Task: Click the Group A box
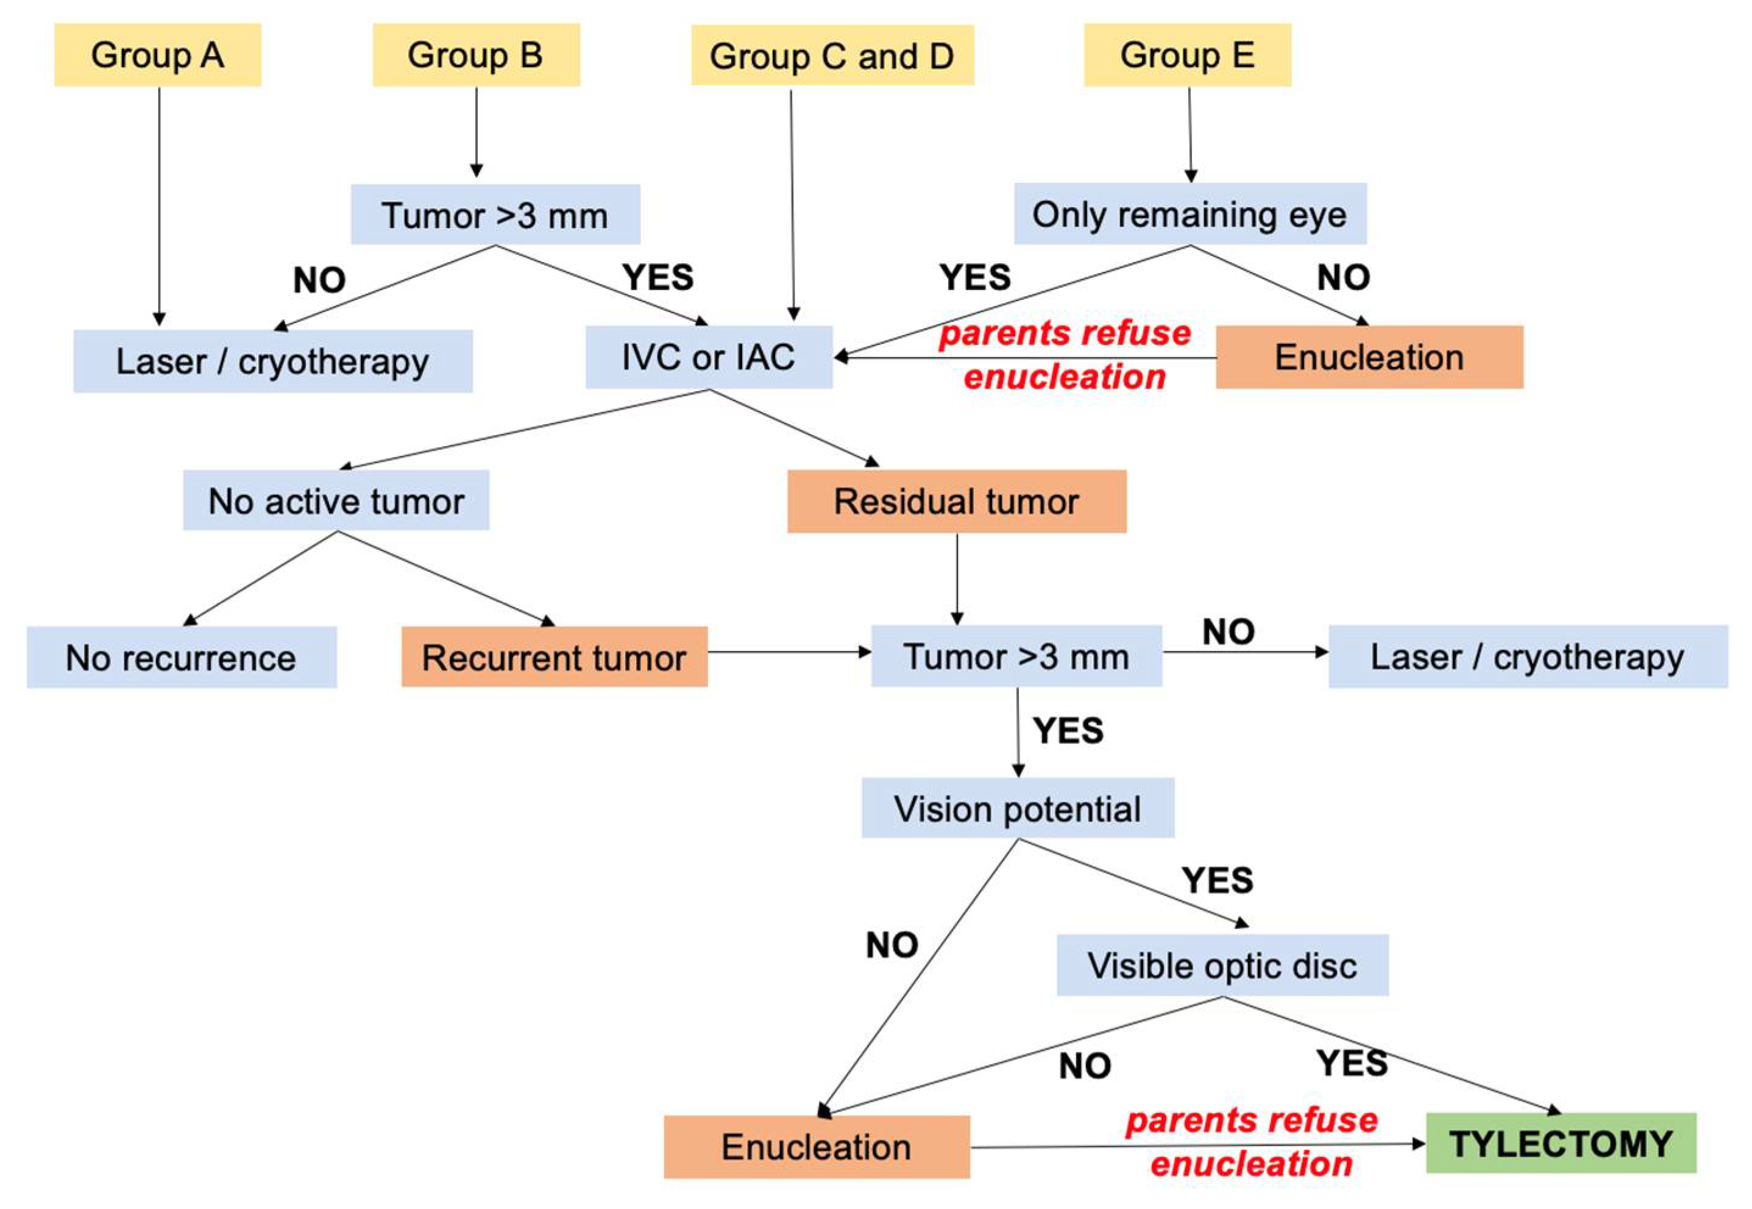(158, 55)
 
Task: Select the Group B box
(476, 55)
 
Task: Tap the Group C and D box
(832, 55)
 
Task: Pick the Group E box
(1187, 55)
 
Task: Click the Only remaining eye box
(1190, 214)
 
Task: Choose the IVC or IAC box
(709, 357)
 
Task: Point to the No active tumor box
(336, 500)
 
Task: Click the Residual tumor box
(957, 501)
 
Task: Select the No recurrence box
(182, 657)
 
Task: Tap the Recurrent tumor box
(555, 657)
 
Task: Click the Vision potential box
(1018, 807)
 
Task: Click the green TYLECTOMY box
(1561, 1143)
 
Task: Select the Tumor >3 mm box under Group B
(495, 214)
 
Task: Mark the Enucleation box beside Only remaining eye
(1369, 357)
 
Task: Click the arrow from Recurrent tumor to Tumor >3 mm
(789, 651)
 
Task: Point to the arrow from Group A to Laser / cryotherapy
(159, 206)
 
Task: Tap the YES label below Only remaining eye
(975, 277)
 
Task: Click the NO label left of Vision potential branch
(892, 945)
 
